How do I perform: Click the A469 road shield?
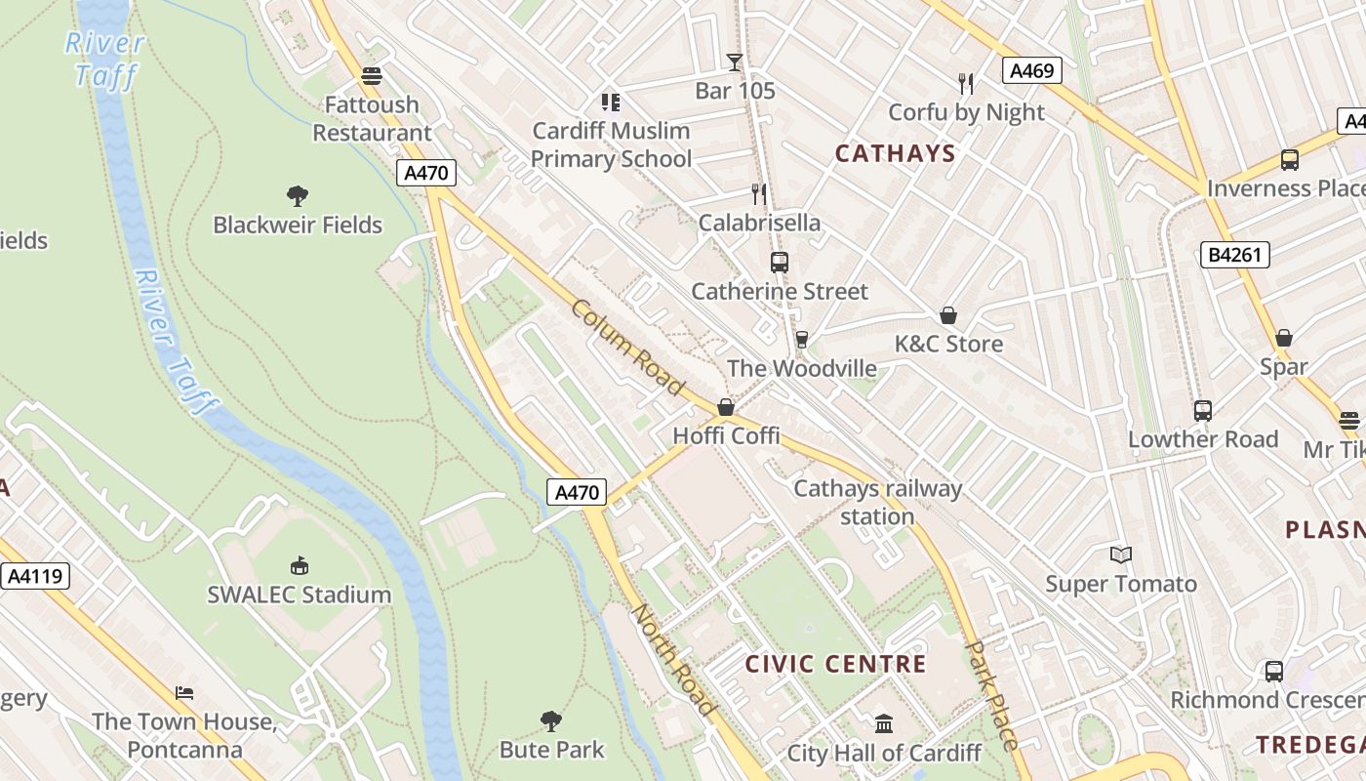click(1031, 70)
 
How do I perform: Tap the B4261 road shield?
click(1234, 256)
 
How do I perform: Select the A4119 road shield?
click(35, 576)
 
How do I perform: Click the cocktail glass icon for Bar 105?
click(735, 62)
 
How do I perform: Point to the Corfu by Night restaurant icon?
click(966, 83)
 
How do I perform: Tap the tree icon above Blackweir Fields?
click(298, 196)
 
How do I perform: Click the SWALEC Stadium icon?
click(300, 565)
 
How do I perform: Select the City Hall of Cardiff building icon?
click(884, 723)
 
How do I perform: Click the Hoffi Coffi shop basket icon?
click(726, 407)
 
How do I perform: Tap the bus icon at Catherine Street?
click(779, 262)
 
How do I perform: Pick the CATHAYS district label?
click(895, 153)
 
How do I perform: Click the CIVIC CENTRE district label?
click(835, 665)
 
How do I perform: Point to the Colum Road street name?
click(627, 348)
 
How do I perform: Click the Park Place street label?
click(991, 695)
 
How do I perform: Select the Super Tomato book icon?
click(1121, 555)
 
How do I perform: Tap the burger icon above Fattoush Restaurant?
click(371, 75)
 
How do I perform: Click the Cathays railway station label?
click(877, 502)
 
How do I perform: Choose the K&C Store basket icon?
click(947, 315)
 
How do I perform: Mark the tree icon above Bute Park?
click(551, 721)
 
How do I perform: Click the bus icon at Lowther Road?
click(1202, 411)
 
